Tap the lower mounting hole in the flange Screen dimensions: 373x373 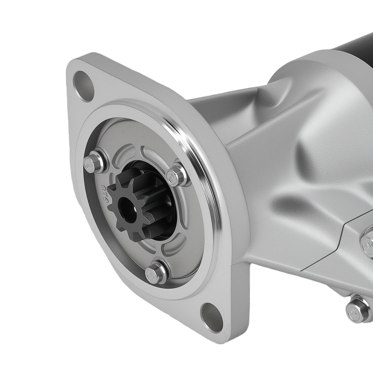[x=211, y=313]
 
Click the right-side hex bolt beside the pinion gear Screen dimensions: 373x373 [x=178, y=175]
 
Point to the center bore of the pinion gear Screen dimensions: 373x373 [x=126, y=204]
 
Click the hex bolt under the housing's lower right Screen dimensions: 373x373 [x=357, y=308]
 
